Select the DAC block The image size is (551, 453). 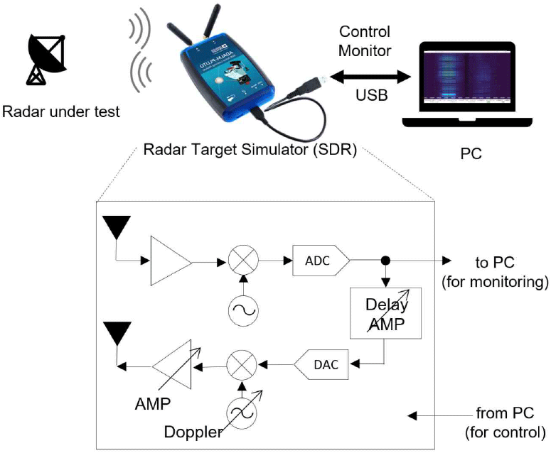pyautogui.click(x=321, y=364)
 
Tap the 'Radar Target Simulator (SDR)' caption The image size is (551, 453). pyautogui.click(x=250, y=151)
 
